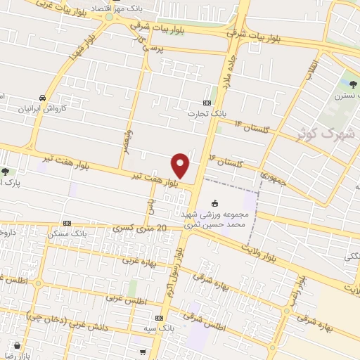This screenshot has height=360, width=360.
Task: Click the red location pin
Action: coord(181,165)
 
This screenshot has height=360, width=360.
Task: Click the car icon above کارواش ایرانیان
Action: coord(44,98)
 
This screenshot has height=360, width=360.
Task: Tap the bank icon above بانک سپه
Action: coord(167,318)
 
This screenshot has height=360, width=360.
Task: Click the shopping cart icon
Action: coord(143,352)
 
